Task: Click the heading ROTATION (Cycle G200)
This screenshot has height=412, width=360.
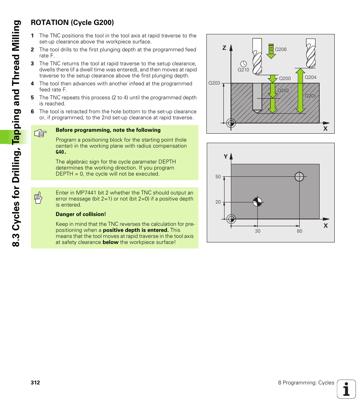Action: pyautogui.click(x=72, y=23)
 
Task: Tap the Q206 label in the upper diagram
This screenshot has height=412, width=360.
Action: pyautogui.click(x=281, y=49)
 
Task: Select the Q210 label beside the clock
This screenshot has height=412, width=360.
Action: pyautogui.click(x=243, y=70)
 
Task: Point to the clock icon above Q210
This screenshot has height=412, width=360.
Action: pyautogui.click(x=243, y=63)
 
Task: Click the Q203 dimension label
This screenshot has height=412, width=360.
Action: pyautogui.click(x=214, y=83)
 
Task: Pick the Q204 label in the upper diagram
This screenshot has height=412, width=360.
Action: pyautogui.click(x=310, y=77)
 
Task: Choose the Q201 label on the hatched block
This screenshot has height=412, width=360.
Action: pyautogui.click(x=310, y=96)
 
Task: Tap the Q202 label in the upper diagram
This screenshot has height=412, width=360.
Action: pyautogui.click(x=283, y=91)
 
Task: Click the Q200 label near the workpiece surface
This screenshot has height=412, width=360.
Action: pyautogui.click(x=285, y=79)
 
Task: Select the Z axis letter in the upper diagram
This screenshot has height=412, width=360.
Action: pyautogui.click(x=224, y=48)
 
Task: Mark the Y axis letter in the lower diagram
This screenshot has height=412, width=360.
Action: pyautogui.click(x=226, y=156)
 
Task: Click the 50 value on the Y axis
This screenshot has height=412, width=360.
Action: pyautogui.click(x=218, y=177)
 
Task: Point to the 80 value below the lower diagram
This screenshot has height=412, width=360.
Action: pyautogui.click(x=299, y=231)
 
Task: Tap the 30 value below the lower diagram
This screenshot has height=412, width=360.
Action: pyautogui.click(x=257, y=231)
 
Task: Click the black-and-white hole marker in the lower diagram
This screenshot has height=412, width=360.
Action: pyautogui.click(x=257, y=202)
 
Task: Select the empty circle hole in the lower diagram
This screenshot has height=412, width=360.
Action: pyautogui.click(x=299, y=176)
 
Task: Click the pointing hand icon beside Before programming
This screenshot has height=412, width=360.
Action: pyautogui.click(x=40, y=133)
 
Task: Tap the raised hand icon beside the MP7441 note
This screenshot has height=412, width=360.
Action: pyautogui.click(x=38, y=198)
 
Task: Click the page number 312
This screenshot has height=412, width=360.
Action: pyautogui.click(x=35, y=383)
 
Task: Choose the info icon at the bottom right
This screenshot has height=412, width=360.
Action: pyautogui.click(x=346, y=389)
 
